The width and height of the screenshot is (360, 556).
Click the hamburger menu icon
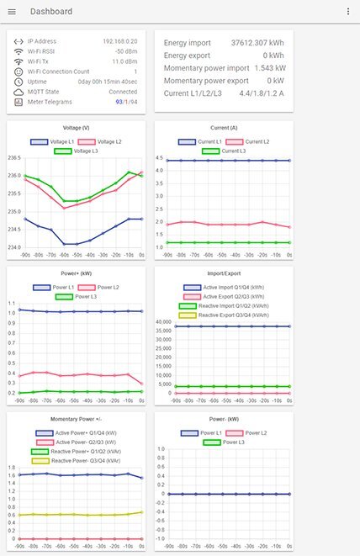tap(12, 12)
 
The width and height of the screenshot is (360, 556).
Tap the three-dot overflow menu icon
tap(348, 12)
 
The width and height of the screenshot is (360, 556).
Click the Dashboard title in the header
tap(51, 12)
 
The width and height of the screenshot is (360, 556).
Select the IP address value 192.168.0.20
tap(120, 40)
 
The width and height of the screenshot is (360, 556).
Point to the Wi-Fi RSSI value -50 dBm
tap(125, 51)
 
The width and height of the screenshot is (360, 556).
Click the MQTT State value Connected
tap(123, 92)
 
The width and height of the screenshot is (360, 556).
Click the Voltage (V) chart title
tap(74, 128)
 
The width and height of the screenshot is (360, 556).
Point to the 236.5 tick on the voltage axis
tap(14, 157)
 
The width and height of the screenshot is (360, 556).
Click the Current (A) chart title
tap(224, 128)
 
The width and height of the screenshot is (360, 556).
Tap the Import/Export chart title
tap(224, 273)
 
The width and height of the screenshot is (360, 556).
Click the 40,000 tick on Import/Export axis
tap(164, 321)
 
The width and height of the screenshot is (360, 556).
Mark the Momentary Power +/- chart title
tap(74, 419)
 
